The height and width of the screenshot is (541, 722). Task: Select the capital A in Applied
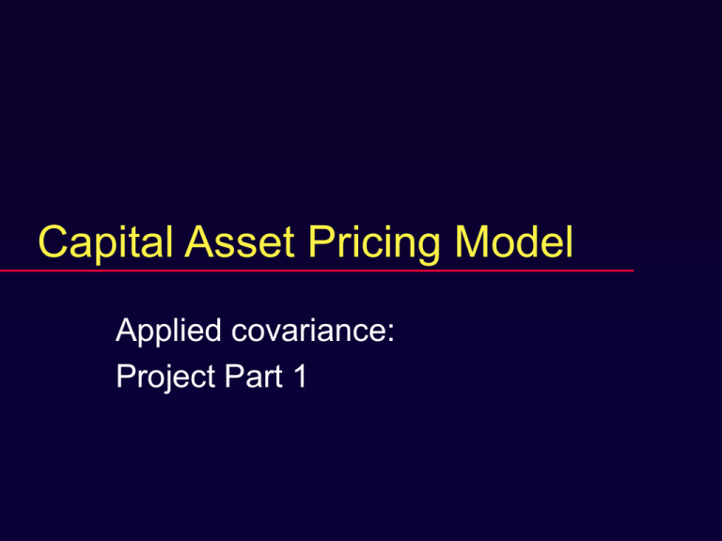click(x=124, y=332)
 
